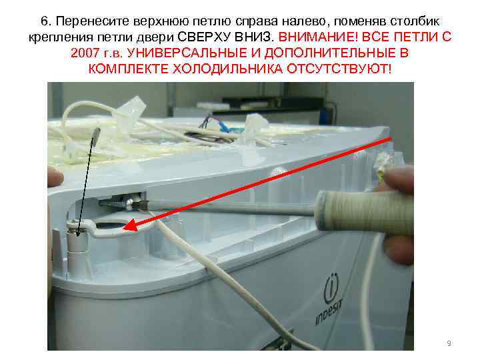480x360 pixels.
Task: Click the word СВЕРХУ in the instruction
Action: coord(203,37)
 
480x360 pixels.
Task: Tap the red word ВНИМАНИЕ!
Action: coord(318,37)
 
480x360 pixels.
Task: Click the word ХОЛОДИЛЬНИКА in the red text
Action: coord(228,69)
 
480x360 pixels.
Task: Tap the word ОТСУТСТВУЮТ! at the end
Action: coord(339,69)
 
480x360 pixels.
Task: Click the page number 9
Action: coord(449,343)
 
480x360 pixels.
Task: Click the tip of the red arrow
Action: coord(124,228)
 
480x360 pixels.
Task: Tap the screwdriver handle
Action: coord(364,211)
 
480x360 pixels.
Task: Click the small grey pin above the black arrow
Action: coord(95,134)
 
